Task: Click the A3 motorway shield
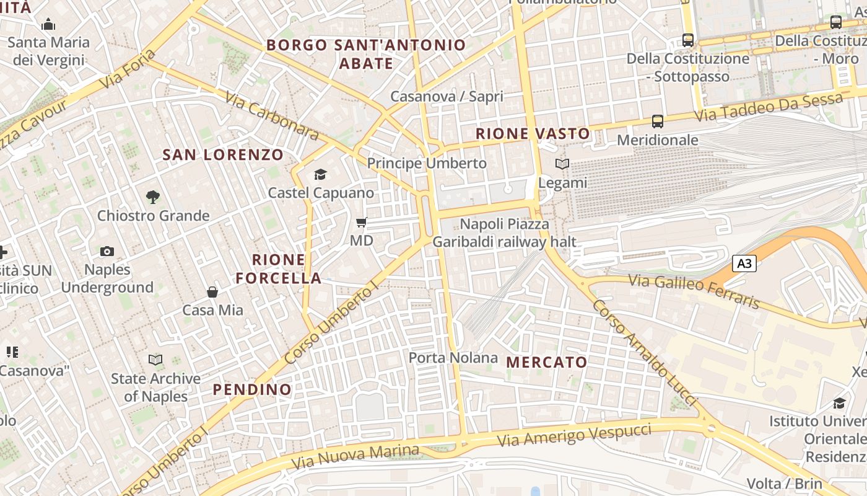coord(744,263)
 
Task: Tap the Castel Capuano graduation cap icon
coord(320,175)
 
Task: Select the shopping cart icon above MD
coord(362,222)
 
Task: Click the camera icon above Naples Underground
coord(107,251)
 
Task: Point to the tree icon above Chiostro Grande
coord(153,197)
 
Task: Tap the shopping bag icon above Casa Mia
coord(212,291)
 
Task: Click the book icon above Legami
coord(562,164)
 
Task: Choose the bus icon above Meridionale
coord(658,122)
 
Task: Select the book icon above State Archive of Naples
coord(155,360)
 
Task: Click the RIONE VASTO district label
coord(533,133)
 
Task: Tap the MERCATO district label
coord(547,362)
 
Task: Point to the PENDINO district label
coord(252,389)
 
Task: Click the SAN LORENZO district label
coord(223,154)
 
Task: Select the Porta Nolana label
coord(453,358)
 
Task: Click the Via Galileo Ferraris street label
coord(694,291)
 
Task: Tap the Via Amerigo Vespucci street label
coord(575,435)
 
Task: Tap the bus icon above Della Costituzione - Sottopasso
coord(688,40)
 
